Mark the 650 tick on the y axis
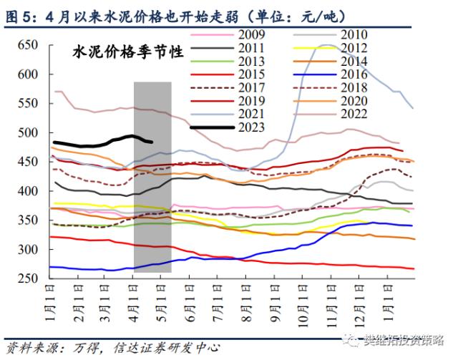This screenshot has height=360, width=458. [27, 44]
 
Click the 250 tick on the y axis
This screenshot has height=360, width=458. [27, 278]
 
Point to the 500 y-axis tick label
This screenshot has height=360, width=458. [27, 132]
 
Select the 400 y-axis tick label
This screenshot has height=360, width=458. [27, 191]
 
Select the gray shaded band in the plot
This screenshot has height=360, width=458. [152, 179]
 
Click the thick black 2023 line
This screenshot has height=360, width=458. [107, 141]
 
